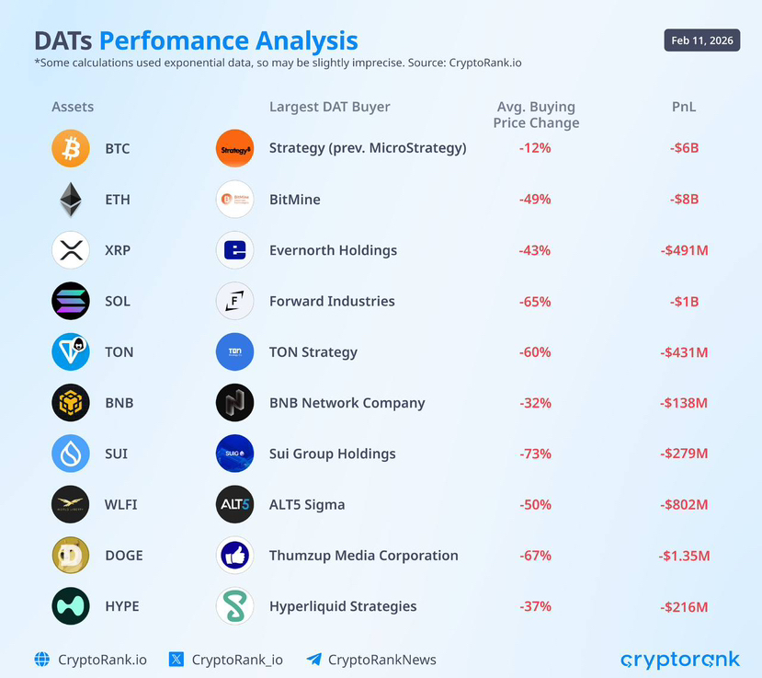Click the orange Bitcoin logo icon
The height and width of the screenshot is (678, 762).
click(71, 148)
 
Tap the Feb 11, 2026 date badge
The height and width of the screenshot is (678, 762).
click(701, 40)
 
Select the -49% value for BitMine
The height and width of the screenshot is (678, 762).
click(534, 200)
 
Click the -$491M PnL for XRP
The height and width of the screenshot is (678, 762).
click(684, 250)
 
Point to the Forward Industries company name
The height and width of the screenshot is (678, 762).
click(332, 301)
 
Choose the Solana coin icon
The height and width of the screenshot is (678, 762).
click(71, 301)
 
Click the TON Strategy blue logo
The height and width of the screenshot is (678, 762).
click(234, 352)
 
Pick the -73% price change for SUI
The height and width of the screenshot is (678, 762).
click(534, 454)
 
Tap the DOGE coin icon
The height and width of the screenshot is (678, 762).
click(71, 556)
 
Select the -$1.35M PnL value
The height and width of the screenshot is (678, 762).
click(684, 556)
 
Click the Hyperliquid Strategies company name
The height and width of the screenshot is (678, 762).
click(343, 606)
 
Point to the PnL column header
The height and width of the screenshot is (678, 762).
click(684, 107)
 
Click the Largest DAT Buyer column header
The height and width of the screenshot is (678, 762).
click(329, 107)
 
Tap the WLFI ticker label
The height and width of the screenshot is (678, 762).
click(121, 505)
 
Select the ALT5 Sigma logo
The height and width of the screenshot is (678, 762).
click(234, 505)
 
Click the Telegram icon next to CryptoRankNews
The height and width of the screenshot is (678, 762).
click(314, 660)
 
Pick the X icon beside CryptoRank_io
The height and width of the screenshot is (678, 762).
click(177, 660)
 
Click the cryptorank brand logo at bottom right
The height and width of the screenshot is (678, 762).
click(679, 660)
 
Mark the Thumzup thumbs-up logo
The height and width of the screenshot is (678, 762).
click(234, 556)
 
